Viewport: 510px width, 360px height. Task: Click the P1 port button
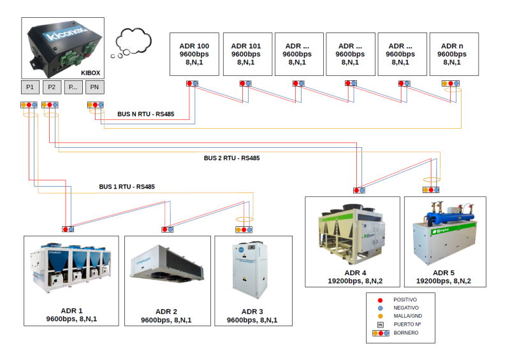coord(31,87)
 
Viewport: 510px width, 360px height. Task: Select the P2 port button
coord(52,87)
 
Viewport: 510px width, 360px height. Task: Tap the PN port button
coord(94,87)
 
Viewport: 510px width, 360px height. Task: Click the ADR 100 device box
coord(194,54)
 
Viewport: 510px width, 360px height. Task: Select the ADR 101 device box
coord(246,54)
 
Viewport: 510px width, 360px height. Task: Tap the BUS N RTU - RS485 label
coord(145,115)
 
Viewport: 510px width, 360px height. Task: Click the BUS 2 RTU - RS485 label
coord(231,158)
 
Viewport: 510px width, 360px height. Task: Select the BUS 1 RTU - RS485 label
coord(126,187)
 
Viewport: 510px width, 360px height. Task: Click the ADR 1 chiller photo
coord(71,266)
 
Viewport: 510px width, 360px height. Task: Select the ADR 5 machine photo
coord(445,233)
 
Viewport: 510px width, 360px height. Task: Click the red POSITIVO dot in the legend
coord(380,299)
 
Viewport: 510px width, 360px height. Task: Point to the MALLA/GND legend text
coord(408,316)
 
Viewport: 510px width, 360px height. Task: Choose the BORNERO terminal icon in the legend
coord(381,333)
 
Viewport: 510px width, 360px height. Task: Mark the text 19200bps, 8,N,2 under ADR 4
coord(355,280)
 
